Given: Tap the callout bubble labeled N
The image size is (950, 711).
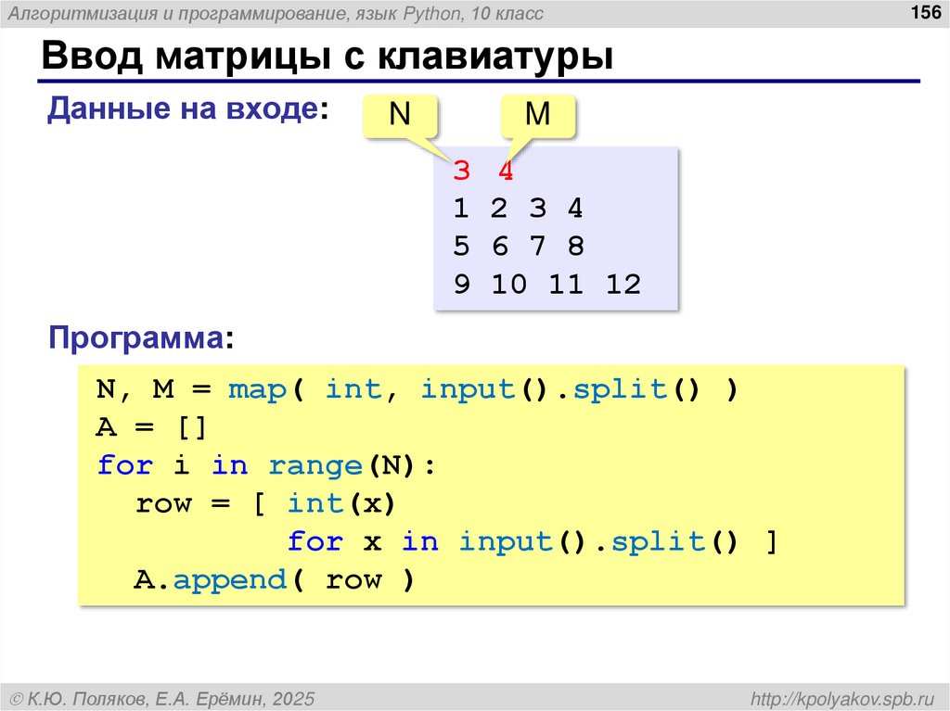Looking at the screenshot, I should click(399, 115).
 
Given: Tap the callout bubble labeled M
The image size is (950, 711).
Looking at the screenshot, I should click(537, 115).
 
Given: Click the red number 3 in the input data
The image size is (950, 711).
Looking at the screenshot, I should click(461, 171).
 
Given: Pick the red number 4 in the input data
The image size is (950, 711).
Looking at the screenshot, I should click(505, 171).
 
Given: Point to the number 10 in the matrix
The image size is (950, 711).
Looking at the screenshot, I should click(508, 285).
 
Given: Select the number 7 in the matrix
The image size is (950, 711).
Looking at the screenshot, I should click(537, 247).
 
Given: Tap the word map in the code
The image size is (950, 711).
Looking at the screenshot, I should click(257, 390).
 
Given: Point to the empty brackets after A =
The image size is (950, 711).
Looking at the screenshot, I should click(191, 428).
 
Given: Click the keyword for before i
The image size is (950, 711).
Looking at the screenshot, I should click(124, 465).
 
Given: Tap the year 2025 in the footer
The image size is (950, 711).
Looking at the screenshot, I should click(293, 697).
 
